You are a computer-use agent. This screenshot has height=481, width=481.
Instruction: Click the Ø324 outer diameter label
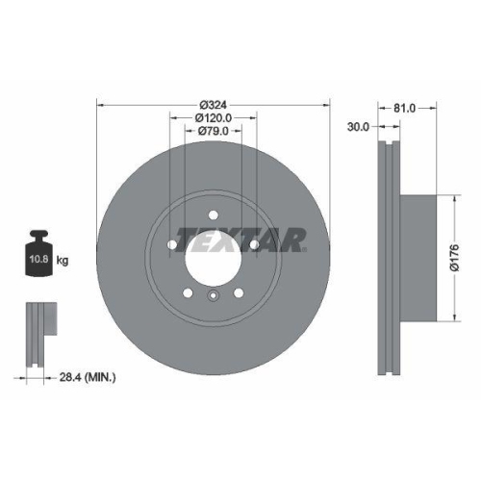pyautogui.click(x=213, y=105)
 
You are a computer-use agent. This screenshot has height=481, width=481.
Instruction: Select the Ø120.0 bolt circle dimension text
pyautogui.click(x=213, y=117)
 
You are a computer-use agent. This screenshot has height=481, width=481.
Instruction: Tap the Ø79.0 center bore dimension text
pyautogui.click(x=213, y=130)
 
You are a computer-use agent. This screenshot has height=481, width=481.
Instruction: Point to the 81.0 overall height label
pyautogui.click(x=404, y=109)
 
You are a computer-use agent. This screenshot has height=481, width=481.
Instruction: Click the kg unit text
pyautogui.click(x=62, y=261)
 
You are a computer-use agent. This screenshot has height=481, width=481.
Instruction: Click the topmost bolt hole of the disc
pyautogui.click(x=214, y=216)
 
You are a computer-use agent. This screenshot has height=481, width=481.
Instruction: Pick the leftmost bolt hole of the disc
pyautogui.click(x=173, y=246)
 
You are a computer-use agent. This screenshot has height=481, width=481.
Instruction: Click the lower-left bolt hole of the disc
pyautogui.click(x=189, y=292)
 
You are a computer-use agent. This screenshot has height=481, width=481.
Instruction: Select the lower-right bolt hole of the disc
pyautogui.click(x=238, y=292)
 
